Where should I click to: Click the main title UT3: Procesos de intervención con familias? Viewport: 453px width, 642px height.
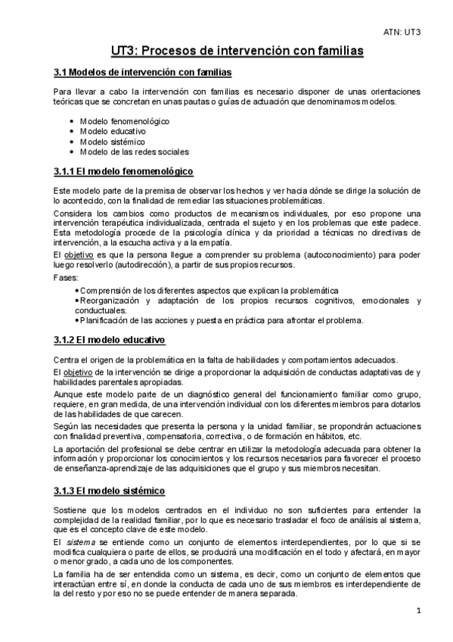coord(226,51)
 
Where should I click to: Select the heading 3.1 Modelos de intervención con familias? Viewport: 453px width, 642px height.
coord(143,73)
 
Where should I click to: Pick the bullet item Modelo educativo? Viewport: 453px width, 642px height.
coord(113,131)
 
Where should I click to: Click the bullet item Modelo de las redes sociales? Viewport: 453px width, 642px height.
coord(134,151)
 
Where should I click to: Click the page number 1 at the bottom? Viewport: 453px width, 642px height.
coord(418,610)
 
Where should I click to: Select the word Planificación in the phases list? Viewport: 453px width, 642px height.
coord(105,319)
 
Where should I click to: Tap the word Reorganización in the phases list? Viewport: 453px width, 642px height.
coord(110,300)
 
